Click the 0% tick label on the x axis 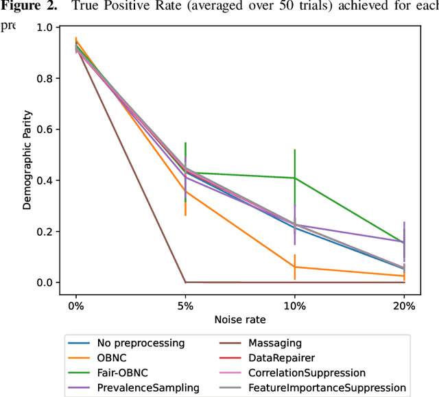pyautogui.click(x=76, y=306)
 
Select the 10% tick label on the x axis pyautogui.click(x=295, y=306)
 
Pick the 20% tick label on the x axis pyautogui.click(x=404, y=306)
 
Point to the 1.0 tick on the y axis pyautogui.click(x=43, y=27)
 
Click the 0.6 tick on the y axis pyautogui.click(x=43, y=130)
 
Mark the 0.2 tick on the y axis pyautogui.click(x=43, y=232)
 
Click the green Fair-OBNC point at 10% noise pyautogui.click(x=295, y=178)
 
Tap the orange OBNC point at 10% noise pyautogui.click(x=295, y=267)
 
